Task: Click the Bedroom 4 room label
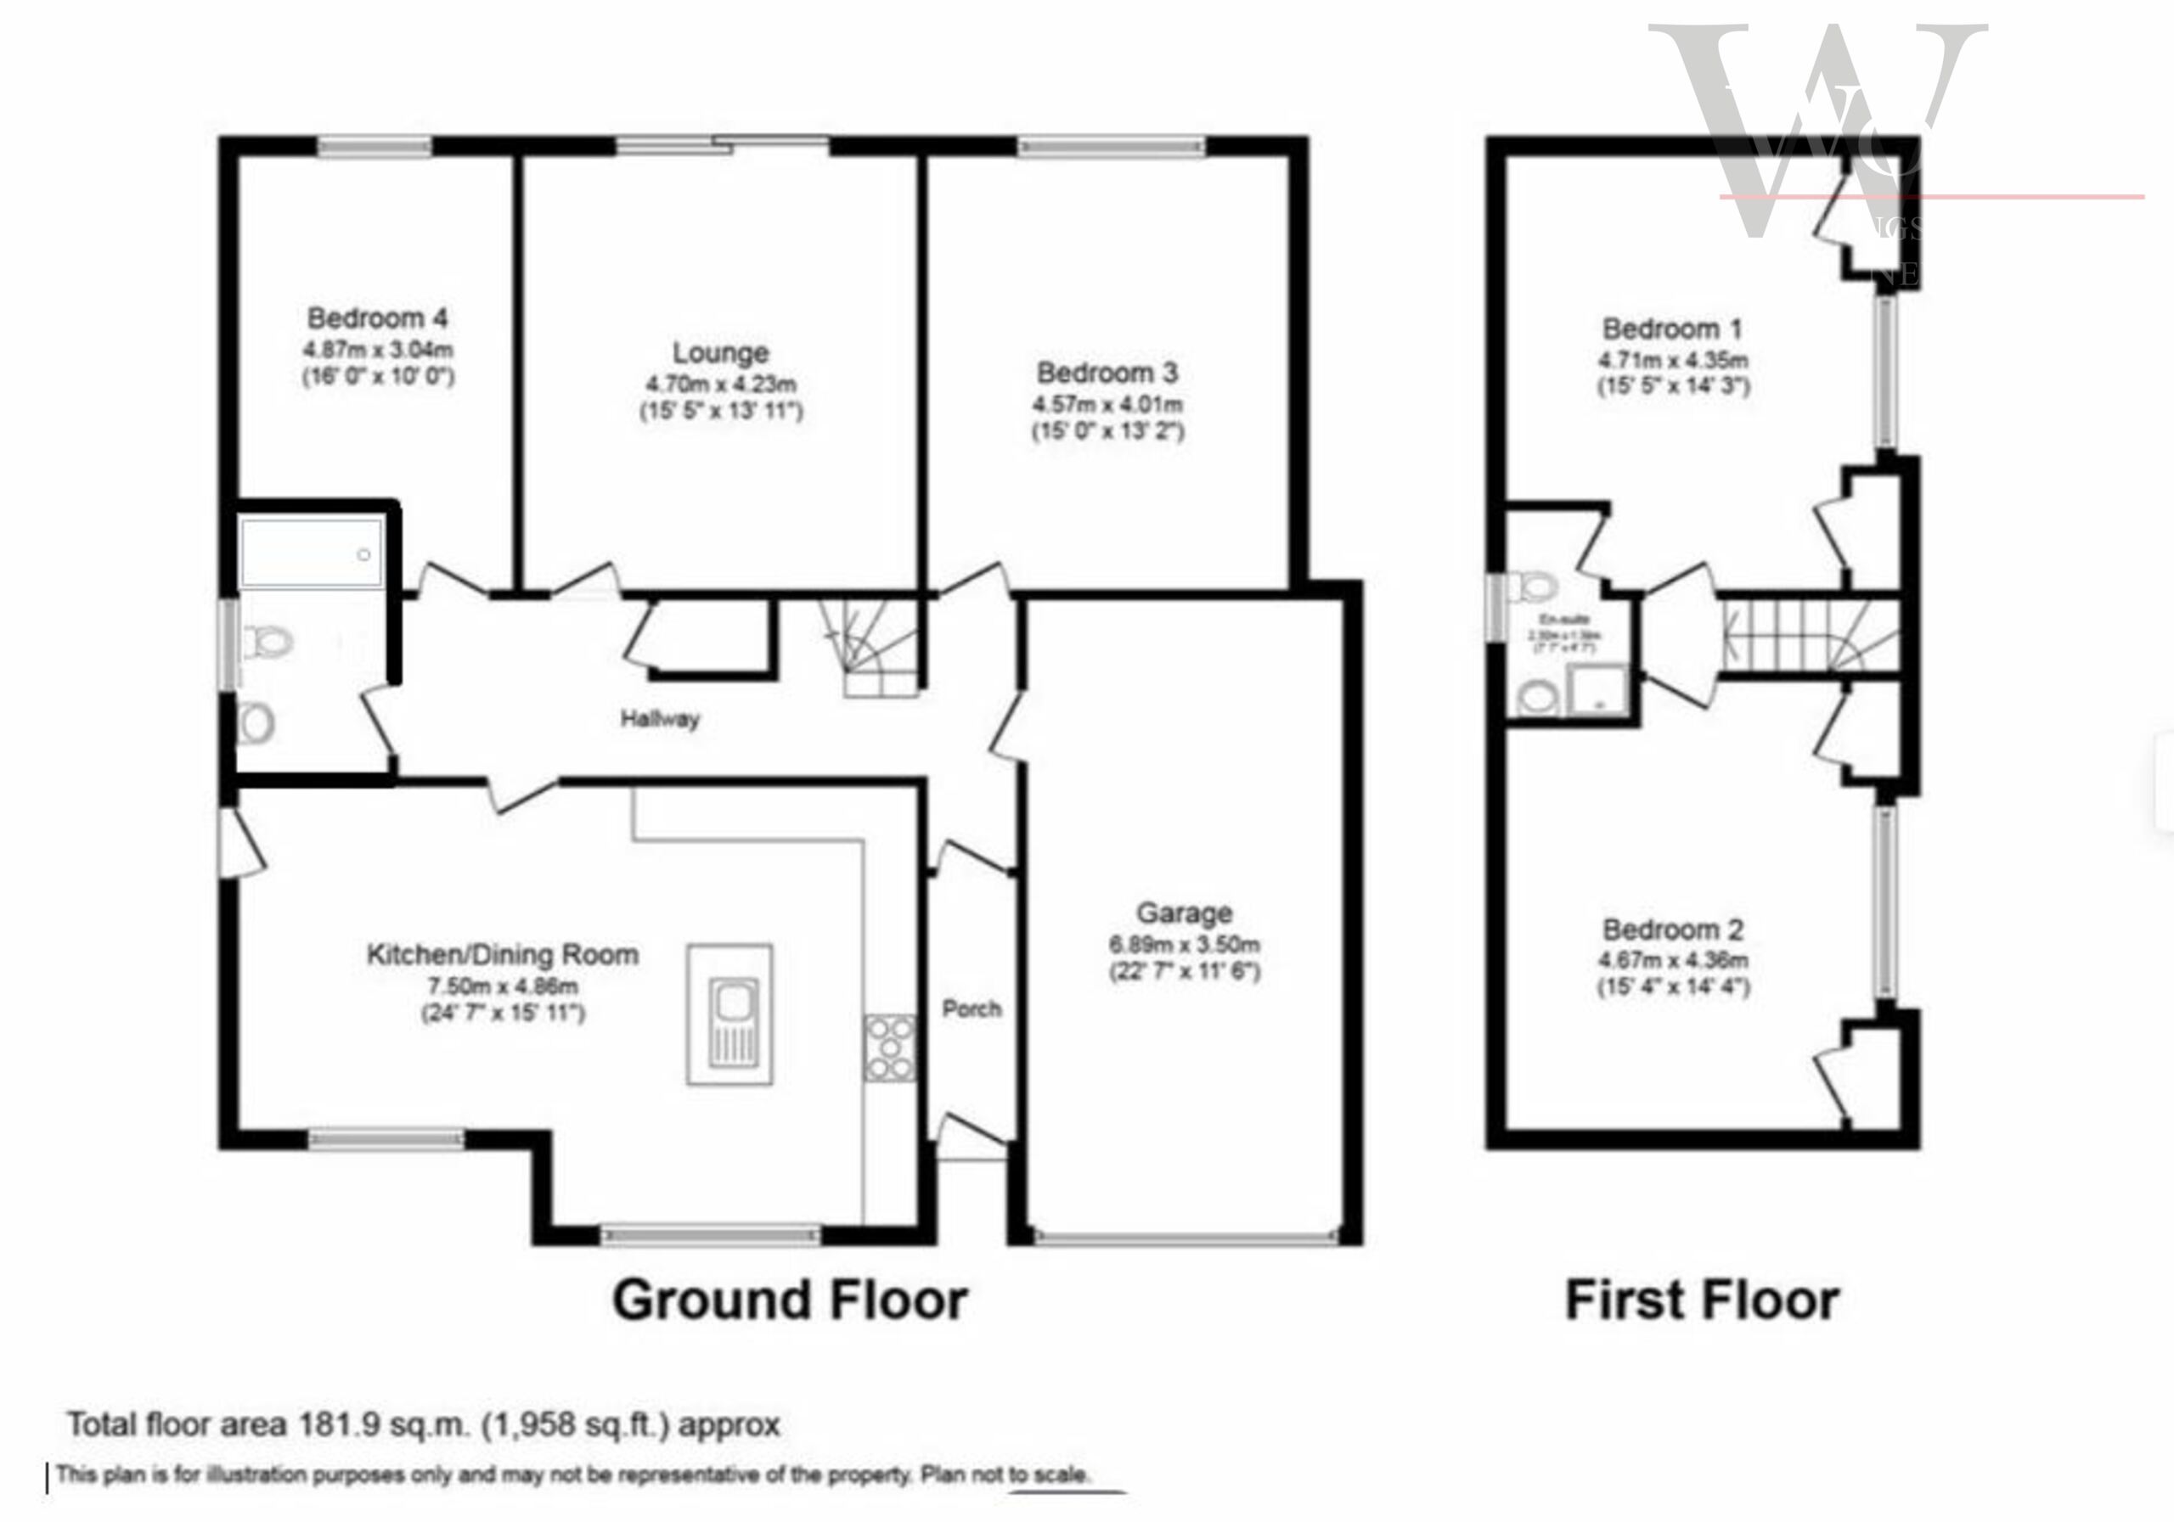377,317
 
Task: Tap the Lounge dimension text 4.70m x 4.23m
721,385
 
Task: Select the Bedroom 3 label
1107,372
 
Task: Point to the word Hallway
660,718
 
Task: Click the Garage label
1184,913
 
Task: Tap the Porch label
972,1009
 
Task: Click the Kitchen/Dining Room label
503,954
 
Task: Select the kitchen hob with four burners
890,1047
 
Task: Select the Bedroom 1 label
1672,329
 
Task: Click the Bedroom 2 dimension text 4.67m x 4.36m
1673,960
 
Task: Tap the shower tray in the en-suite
1597,691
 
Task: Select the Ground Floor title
790,1300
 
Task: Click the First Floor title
1702,1300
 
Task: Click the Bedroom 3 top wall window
1112,146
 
